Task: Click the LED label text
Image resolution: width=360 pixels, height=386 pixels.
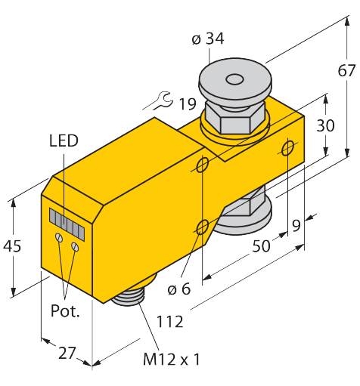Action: click(64, 141)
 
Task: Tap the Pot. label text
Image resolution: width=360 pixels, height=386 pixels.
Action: click(65, 310)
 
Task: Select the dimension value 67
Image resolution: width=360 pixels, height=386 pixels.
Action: click(346, 71)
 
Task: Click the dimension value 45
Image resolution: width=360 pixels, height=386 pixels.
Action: click(12, 246)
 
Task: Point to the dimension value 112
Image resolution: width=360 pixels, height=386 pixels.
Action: click(170, 322)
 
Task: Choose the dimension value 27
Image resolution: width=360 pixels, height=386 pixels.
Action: click(67, 353)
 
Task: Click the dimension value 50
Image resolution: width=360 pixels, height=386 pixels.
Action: click(261, 246)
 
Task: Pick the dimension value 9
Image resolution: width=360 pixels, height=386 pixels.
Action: click(296, 225)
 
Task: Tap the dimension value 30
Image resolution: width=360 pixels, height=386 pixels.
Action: click(325, 125)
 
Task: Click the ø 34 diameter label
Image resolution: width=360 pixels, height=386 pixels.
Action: click(208, 39)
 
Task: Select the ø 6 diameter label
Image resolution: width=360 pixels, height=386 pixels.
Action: click(179, 289)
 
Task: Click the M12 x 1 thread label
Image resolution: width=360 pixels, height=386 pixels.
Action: click(172, 360)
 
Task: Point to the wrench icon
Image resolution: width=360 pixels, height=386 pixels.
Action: click(159, 101)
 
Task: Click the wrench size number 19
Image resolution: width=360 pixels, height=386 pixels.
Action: click(188, 103)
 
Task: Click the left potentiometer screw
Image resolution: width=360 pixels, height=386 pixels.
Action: click(59, 237)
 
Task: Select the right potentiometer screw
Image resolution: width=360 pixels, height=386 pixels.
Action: click(75, 247)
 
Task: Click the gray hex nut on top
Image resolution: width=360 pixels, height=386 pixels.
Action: click(235, 118)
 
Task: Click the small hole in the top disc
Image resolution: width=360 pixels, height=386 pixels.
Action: click(234, 79)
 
